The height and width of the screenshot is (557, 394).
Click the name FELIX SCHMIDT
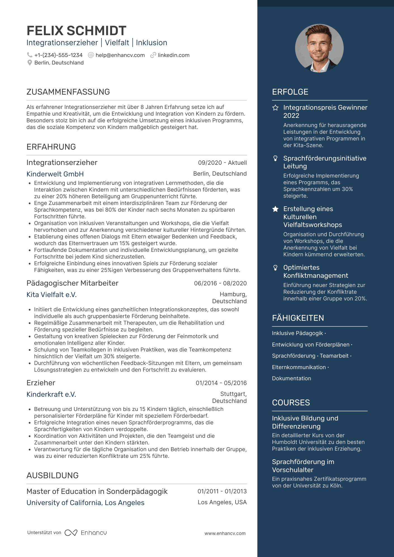pyautogui.click(x=76, y=31)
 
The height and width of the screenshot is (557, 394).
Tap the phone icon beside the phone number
pyautogui.click(x=29, y=55)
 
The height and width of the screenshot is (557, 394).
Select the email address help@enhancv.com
pyautogui.click(x=120, y=55)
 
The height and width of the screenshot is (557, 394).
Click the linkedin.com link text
pyautogui.click(x=174, y=55)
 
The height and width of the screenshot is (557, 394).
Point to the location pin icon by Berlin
pyautogui.click(x=30, y=63)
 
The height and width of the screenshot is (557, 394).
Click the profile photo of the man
pyautogui.click(x=319, y=48)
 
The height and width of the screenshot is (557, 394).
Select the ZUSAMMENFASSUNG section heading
pyautogui.click(x=68, y=92)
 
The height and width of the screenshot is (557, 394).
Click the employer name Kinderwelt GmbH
pyautogui.click(x=55, y=174)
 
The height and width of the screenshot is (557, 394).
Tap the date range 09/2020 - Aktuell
pyautogui.click(x=222, y=162)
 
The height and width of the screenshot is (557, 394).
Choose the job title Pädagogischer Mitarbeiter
pyautogui.click(x=72, y=283)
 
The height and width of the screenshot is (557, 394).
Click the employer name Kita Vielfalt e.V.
pyautogui.click(x=51, y=295)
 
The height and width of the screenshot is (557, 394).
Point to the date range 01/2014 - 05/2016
pyautogui.click(x=221, y=383)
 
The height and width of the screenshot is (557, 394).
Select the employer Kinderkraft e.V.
pyautogui.click(x=51, y=394)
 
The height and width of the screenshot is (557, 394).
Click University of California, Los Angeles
pyautogui.click(x=85, y=503)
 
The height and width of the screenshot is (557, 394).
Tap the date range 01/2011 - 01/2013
pyautogui.click(x=222, y=491)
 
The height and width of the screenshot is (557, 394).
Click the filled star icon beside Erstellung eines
pyautogui.click(x=275, y=209)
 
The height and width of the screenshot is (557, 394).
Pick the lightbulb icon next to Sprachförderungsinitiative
pyautogui.click(x=275, y=158)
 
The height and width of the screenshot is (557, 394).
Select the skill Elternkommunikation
pyautogui.click(x=299, y=367)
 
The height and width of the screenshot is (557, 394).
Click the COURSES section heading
pyautogui.click(x=291, y=403)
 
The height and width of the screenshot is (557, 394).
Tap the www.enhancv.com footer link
pyautogui.click(x=225, y=533)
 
